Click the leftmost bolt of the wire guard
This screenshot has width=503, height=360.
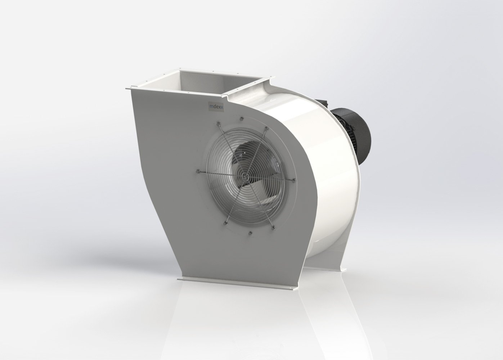[198, 170]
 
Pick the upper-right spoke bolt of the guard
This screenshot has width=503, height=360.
[267, 128]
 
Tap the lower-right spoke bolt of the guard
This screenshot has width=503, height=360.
[273, 226]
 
